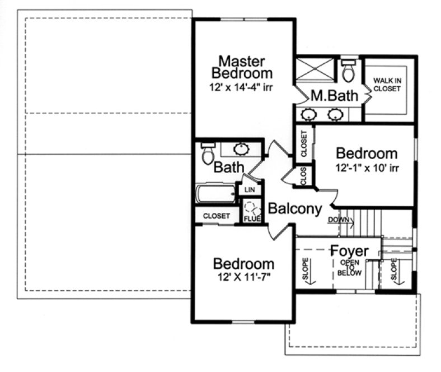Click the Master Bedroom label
[x=245, y=66]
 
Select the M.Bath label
[x=334, y=96]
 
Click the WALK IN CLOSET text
[x=389, y=85]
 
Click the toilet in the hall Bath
[x=208, y=153]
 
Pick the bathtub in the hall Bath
[x=216, y=194]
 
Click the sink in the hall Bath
[x=241, y=149]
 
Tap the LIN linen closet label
[x=248, y=190]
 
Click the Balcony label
[x=295, y=208]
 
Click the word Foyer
[x=349, y=250]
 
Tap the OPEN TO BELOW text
[x=350, y=267]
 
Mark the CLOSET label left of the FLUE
[x=216, y=216]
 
